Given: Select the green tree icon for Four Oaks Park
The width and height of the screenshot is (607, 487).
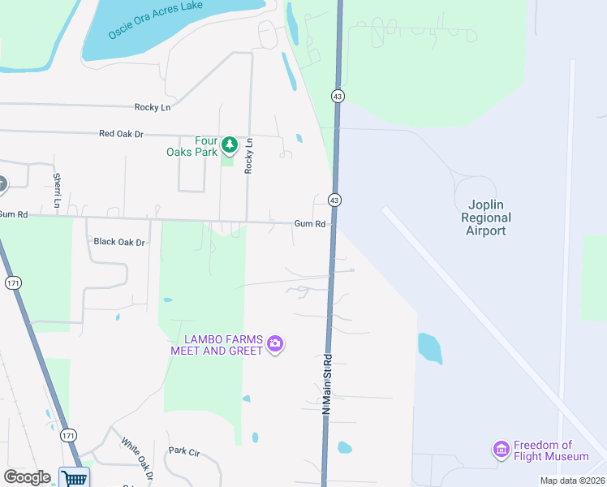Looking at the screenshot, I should click(x=230, y=144).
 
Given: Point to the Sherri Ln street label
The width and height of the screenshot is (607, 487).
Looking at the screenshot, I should click(x=57, y=190).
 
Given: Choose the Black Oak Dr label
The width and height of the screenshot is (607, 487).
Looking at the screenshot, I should click(x=118, y=242).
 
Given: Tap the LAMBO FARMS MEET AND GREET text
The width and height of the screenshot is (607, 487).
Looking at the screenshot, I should click(x=217, y=344).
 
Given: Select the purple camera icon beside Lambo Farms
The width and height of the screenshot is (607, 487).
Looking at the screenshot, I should click(x=275, y=344).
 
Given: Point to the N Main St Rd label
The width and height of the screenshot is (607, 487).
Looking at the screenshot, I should click(x=327, y=383).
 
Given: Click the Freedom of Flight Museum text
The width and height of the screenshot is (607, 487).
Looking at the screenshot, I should click(x=544, y=450).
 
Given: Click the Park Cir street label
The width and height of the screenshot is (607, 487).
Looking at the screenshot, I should click(x=183, y=450).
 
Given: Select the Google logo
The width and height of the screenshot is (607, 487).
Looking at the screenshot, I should click(x=27, y=477).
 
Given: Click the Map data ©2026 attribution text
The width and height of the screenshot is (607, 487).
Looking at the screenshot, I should click(x=572, y=481).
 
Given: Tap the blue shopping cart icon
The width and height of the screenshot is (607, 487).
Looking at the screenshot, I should click(x=74, y=478).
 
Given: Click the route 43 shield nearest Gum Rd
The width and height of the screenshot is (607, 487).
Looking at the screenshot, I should click(x=334, y=200).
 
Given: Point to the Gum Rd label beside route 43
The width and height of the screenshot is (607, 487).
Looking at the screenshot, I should click(x=309, y=223).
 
